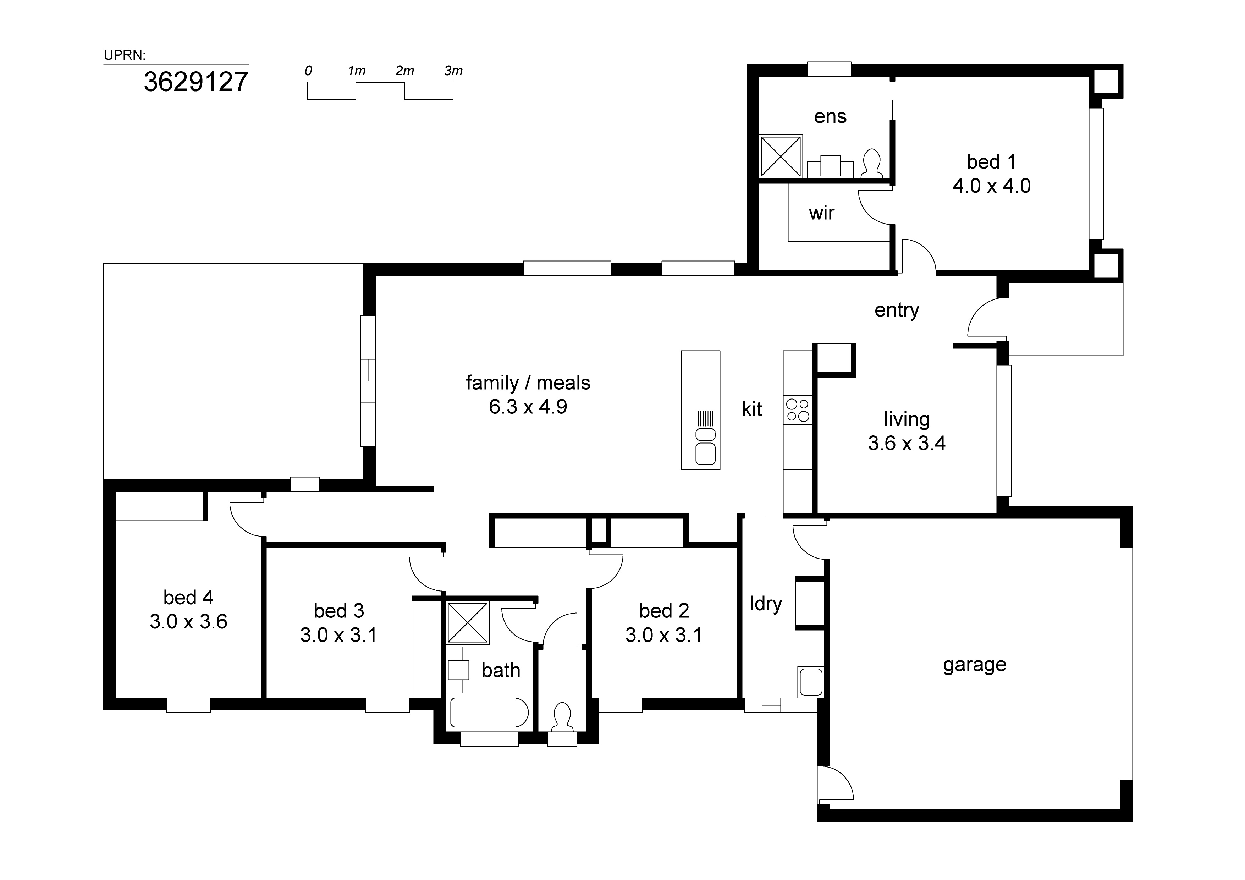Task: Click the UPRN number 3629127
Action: pyautogui.click(x=196, y=82)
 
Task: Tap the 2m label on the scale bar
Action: pyautogui.click(x=404, y=71)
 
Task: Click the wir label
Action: pyautogui.click(x=821, y=213)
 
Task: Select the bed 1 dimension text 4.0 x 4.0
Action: pyautogui.click(x=991, y=186)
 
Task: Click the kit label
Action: pyautogui.click(x=751, y=409)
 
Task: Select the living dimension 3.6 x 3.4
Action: pyautogui.click(x=906, y=444)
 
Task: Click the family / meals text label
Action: pyautogui.click(x=528, y=383)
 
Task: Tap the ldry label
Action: pyautogui.click(x=766, y=604)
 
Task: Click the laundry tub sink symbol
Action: pyautogui.click(x=811, y=682)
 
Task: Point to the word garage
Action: pyautogui.click(x=974, y=665)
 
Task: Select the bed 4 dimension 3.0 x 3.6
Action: pyautogui.click(x=188, y=621)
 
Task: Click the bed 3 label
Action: pyautogui.click(x=338, y=611)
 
